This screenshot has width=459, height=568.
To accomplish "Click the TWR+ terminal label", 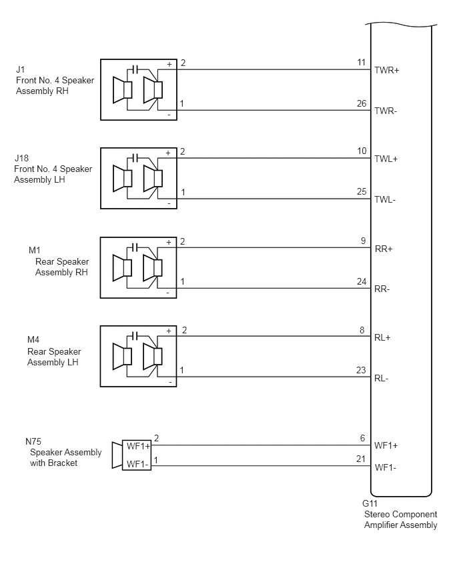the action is (386, 70).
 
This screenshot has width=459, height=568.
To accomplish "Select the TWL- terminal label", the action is (385, 199).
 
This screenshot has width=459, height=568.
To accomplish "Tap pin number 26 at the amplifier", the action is (362, 103).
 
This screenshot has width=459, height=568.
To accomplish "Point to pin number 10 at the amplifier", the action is (362, 151).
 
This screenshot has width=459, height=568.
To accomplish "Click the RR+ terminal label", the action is (384, 249).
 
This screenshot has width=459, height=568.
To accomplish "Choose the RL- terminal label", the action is (382, 379).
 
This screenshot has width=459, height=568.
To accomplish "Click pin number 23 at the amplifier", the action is (361, 370).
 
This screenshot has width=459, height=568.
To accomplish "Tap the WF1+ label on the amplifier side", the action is (386, 445).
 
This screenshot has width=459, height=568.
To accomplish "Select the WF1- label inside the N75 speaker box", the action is (137, 464).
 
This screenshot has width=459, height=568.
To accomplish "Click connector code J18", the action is (22, 158).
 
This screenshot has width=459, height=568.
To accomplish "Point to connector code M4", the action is (33, 340).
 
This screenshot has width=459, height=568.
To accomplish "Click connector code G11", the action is (370, 503).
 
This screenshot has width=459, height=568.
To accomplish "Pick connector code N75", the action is (33, 441).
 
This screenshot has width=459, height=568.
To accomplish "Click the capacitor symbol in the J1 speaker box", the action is (135, 69).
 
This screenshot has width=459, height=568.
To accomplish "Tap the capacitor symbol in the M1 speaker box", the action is (135, 247).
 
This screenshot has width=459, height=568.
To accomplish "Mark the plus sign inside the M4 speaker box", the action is (169, 331).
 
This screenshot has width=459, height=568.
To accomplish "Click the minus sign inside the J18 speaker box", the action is (169, 204).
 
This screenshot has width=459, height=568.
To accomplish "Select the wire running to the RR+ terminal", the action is (274, 248).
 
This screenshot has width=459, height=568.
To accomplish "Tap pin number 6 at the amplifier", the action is (362, 438).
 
